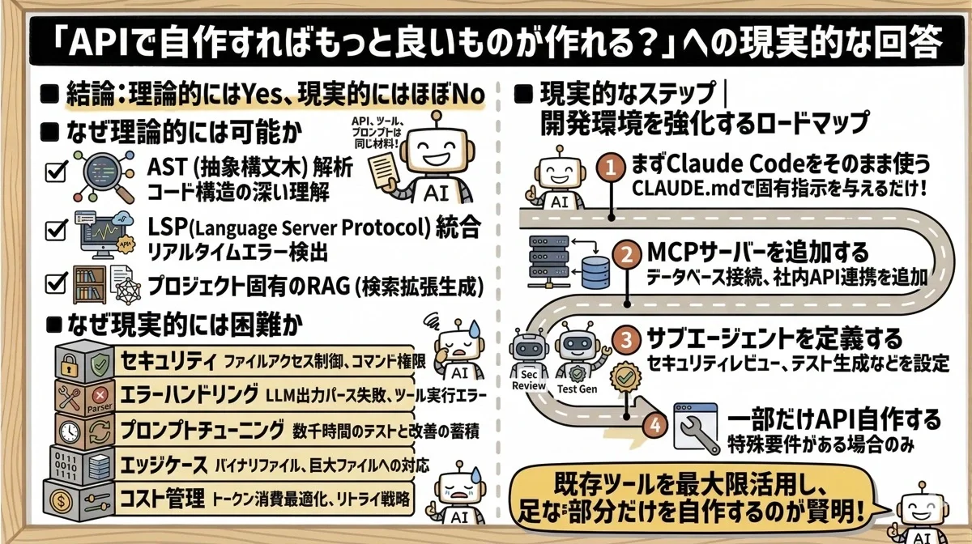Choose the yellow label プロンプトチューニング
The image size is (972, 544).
(x=202, y=429)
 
